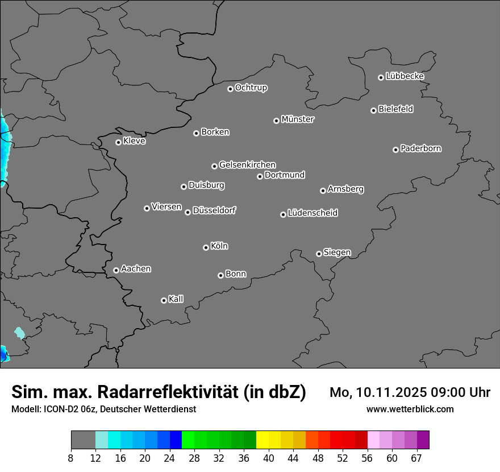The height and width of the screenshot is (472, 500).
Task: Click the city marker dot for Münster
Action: pyautogui.click(x=276, y=121)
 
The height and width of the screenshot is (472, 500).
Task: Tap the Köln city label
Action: pyautogui.click(x=219, y=246)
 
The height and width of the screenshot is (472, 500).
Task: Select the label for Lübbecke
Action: pyautogui.click(x=405, y=76)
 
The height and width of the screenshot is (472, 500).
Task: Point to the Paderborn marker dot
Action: pyautogui.click(x=395, y=150)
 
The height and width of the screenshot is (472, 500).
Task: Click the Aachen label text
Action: pyautogui.click(x=136, y=269)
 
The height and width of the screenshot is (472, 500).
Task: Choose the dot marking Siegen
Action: pyautogui.click(x=319, y=254)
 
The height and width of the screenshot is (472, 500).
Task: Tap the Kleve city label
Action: pyautogui.click(x=134, y=141)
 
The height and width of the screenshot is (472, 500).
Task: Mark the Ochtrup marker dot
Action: pyautogui.click(x=230, y=89)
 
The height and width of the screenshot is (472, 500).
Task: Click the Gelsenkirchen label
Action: pyautogui.click(x=247, y=165)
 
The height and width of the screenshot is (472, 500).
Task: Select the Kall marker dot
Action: pyautogui.click(x=164, y=300)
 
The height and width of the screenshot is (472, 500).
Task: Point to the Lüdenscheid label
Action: pyautogui.click(x=312, y=213)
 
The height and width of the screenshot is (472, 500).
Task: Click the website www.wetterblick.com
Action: pyautogui.click(x=410, y=409)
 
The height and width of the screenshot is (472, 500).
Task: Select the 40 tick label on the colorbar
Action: pyautogui.click(x=269, y=458)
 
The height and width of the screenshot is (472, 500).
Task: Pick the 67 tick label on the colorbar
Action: pyautogui.click(x=416, y=458)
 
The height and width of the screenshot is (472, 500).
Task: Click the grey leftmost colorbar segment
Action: pyautogui.click(x=83, y=440)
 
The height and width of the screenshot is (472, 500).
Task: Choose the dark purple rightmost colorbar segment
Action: pyautogui.click(x=423, y=440)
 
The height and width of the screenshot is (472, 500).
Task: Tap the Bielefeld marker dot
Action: pyautogui.click(x=373, y=110)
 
